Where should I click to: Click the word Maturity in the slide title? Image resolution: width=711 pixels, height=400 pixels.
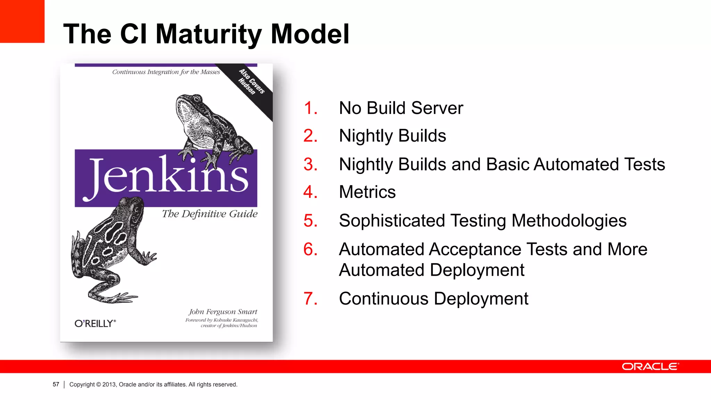pos(209,34)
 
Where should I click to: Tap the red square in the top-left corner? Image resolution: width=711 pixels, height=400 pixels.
pos(22,21)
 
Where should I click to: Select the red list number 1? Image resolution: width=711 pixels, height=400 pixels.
pos(310,108)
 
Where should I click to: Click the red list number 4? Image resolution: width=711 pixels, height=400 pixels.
pos(310,192)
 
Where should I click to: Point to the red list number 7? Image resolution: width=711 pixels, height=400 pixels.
pos(310,299)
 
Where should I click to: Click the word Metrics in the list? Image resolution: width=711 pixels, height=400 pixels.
pos(367,192)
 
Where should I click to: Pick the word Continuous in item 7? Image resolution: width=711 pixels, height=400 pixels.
pos(384,299)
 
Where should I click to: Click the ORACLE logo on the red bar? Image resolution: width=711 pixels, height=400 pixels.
pos(650,367)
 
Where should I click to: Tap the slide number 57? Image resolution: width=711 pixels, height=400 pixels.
pos(56,384)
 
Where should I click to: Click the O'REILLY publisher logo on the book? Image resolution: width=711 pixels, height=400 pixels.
pos(95,324)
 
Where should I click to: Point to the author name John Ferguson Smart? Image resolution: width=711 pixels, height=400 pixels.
pos(223,311)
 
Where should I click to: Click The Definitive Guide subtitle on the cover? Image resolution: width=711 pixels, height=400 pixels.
pos(210,214)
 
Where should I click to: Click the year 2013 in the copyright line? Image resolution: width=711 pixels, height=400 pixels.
pos(109,384)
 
